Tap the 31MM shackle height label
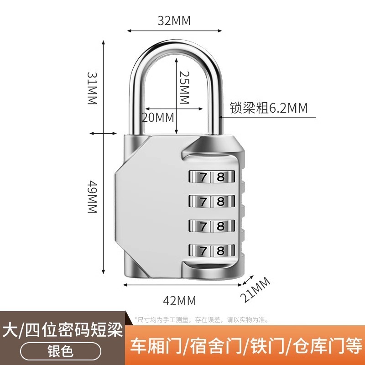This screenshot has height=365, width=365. [93, 88]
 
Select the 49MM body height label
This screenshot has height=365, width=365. [93, 197]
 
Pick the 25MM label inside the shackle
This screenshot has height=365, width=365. [184, 88]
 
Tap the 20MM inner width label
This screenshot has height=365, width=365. [158, 117]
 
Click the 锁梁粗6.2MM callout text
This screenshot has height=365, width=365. [269, 108]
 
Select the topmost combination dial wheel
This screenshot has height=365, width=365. [212, 177]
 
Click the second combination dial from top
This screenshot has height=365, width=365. [212, 201]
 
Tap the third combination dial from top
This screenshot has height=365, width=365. [212, 226]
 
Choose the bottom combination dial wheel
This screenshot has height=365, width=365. [212, 250]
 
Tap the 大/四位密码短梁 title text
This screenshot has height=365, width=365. [63, 330]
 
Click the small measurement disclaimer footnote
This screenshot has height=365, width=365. [202, 320]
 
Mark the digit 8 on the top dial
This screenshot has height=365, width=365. [220, 177]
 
